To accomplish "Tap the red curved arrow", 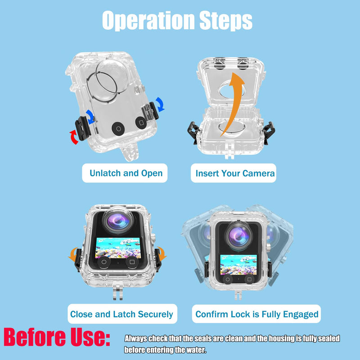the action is click(74, 137).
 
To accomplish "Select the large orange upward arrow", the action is click(233, 103).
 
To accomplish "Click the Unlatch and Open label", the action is click(125, 173).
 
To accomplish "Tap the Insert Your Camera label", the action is click(234, 173).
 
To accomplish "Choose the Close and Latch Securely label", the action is click(122, 314).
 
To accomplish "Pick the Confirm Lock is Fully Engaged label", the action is click(256, 314).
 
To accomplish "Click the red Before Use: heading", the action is click(57, 337).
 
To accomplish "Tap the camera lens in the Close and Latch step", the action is click(118, 221).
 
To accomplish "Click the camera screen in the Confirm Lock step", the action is click(238, 265).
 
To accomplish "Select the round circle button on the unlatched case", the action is click(118, 128).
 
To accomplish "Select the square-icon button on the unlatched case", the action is click(141, 122).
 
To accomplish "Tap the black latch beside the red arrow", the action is click(82, 128).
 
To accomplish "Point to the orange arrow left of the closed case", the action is click(73, 254).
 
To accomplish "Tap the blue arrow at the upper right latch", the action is click(160, 104).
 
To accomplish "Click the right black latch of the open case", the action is click(269, 133).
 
